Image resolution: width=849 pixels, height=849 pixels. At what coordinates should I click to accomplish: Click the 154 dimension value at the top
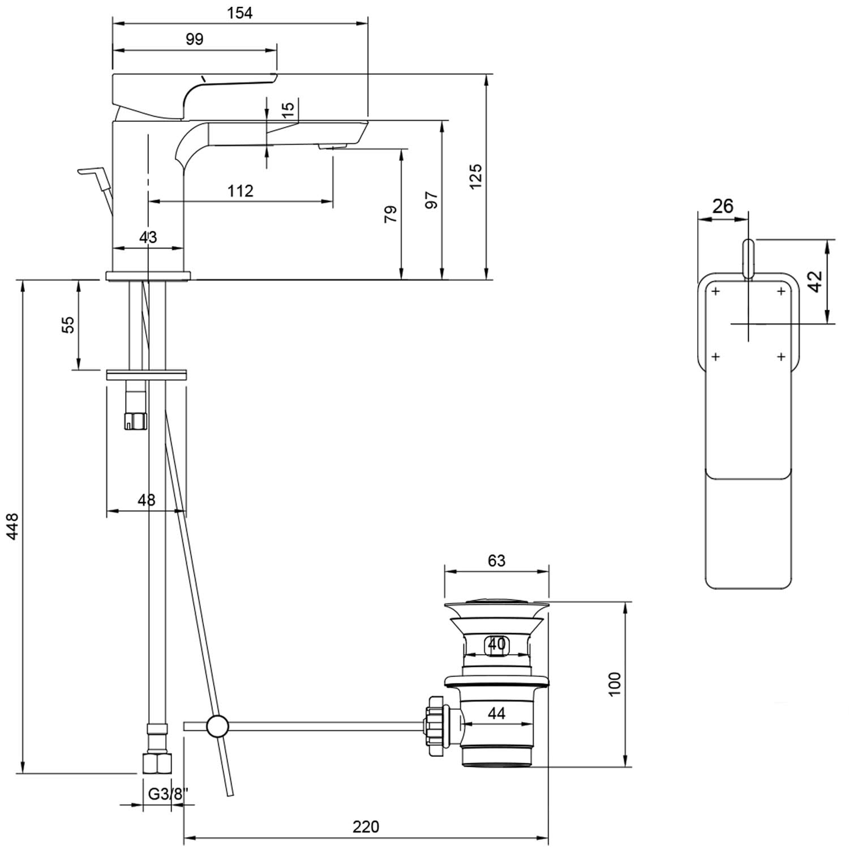[240, 12]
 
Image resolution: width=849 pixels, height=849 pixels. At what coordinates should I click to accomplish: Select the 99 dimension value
[194, 39]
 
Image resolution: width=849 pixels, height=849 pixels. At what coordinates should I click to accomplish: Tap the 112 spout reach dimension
[241, 191]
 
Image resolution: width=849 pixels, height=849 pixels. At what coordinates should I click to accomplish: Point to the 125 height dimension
[475, 176]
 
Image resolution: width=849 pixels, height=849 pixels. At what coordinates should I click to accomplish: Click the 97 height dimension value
[432, 200]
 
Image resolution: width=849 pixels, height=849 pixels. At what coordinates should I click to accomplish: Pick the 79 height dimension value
[391, 214]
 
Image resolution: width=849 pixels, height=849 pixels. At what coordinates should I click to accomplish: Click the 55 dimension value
[68, 325]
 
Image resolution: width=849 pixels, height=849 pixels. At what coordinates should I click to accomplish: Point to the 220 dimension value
[366, 827]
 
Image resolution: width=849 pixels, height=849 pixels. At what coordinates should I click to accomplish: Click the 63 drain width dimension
[496, 560]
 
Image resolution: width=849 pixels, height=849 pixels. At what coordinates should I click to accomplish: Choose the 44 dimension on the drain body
[496, 713]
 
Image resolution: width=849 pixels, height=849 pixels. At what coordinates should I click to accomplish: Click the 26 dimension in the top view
[723, 206]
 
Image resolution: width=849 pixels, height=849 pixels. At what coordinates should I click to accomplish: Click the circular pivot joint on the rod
[217, 726]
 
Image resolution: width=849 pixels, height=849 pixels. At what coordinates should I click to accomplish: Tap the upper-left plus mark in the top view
[716, 291]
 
